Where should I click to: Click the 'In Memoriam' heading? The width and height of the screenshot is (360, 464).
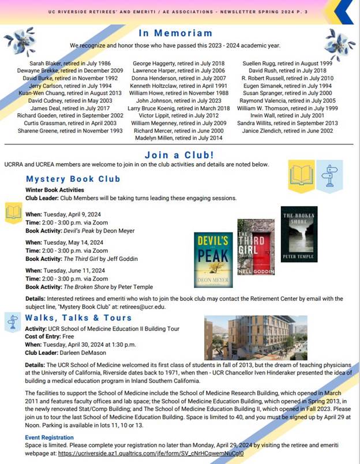179,33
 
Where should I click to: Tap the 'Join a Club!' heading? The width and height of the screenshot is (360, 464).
179,155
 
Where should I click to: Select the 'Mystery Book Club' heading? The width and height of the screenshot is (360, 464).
73,179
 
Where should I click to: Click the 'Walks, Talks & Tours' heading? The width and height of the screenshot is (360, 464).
78,318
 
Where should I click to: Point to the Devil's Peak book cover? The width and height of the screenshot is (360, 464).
213,260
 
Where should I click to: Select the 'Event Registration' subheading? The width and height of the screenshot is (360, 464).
50,437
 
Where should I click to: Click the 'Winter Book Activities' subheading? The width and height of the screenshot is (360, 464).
55,190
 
